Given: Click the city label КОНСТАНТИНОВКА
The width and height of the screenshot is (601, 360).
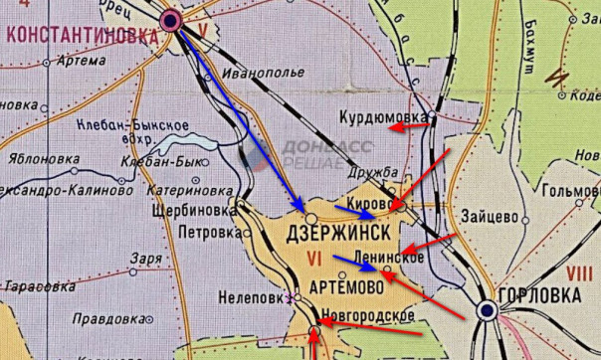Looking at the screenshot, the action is pyautogui.click(x=83, y=33).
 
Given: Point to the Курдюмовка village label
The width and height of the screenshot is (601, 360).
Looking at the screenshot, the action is pyautogui.click(x=383, y=116).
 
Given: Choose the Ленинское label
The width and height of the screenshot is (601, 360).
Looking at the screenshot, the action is pyautogui.click(x=390, y=258).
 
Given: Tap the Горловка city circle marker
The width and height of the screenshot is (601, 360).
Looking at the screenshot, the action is pyautogui.click(x=487, y=310).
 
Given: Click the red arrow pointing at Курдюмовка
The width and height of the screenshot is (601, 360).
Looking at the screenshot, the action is pyautogui.click(x=408, y=126).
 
